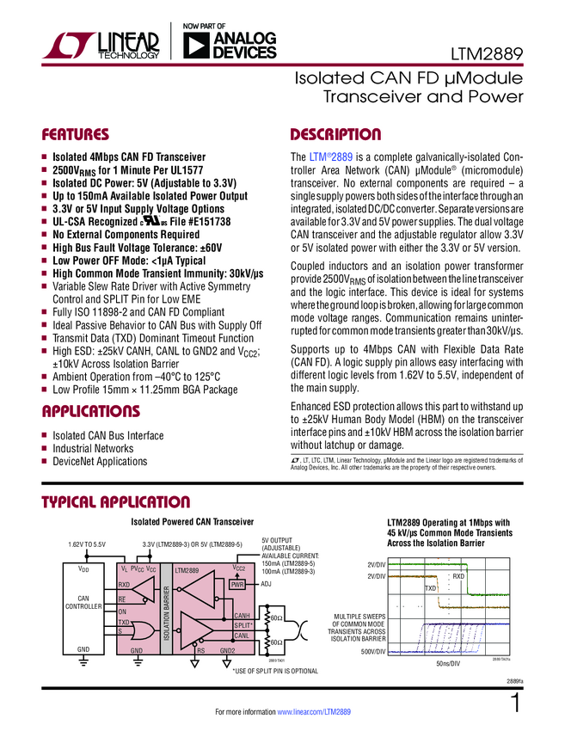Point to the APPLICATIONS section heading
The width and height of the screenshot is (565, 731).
coord(92,410)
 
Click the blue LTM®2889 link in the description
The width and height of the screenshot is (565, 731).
coord(329,157)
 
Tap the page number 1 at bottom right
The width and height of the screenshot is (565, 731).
coord(514,705)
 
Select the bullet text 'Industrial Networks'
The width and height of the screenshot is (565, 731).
coord(94,449)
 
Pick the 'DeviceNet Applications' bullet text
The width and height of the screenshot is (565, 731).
coord(100,462)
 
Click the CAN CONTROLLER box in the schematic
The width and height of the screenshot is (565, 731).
coord(83,603)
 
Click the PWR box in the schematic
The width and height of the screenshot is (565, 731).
coord(238,584)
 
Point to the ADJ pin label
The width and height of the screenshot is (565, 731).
coord(267,584)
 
